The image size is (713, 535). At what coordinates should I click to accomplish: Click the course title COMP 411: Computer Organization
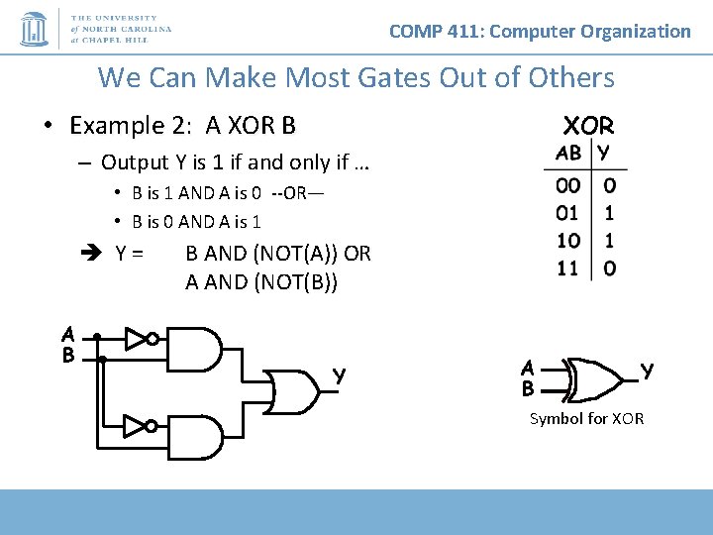click(540, 31)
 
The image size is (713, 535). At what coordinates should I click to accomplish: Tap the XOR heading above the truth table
click(588, 126)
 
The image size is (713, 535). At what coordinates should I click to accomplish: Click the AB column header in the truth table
click(568, 153)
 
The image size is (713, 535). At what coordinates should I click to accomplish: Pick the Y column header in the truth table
click(605, 153)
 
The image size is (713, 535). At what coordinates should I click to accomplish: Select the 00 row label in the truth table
click(568, 185)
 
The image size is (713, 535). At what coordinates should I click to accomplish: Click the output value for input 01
click(609, 212)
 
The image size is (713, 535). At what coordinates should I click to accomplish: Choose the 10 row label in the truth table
click(568, 240)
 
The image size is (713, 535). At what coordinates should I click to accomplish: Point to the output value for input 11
click(609, 267)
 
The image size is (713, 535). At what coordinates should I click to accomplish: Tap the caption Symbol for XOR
click(586, 418)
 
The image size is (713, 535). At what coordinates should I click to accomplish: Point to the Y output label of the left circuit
click(339, 376)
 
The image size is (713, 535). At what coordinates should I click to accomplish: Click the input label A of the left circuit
click(67, 334)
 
